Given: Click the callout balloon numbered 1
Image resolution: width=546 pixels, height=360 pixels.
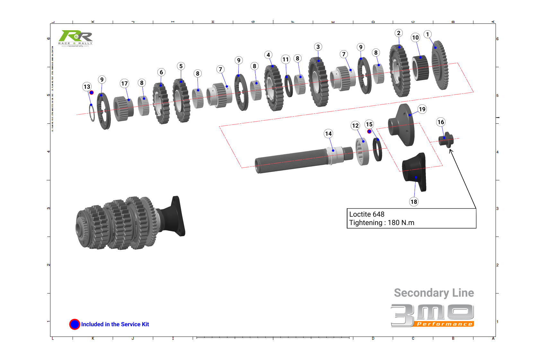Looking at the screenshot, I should click(x=427, y=34).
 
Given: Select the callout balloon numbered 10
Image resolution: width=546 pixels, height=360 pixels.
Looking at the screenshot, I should click(x=415, y=38).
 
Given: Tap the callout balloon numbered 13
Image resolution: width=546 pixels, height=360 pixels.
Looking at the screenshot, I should click(x=87, y=87).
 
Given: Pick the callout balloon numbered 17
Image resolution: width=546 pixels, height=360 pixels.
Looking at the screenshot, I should click(x=124, y=84).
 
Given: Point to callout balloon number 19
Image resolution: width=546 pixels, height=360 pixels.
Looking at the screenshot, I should click(x=422, y=109).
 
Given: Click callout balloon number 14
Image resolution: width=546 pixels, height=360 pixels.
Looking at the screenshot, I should click(x=328, y=134).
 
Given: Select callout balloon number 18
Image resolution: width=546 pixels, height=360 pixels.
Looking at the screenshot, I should click(x=414, y=202).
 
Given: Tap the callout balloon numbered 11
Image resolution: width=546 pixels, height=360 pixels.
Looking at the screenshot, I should click(x=286, y=59).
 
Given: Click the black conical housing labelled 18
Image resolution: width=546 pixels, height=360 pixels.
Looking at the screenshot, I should click(x=414, y=172).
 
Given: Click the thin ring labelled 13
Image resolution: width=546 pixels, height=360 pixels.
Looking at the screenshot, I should click(x=92, y=113).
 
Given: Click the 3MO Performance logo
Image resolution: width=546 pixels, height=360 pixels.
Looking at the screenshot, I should click(x=432, y=316).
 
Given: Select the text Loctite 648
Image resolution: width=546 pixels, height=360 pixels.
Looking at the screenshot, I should click(x=367, y=214).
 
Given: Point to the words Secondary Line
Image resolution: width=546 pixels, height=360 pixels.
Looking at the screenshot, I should click(x=434, y=293).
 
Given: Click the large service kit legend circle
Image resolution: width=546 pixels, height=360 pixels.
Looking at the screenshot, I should click(x=75, y=324).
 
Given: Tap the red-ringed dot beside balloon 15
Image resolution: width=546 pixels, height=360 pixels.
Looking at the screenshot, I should click(x=369, y=131).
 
